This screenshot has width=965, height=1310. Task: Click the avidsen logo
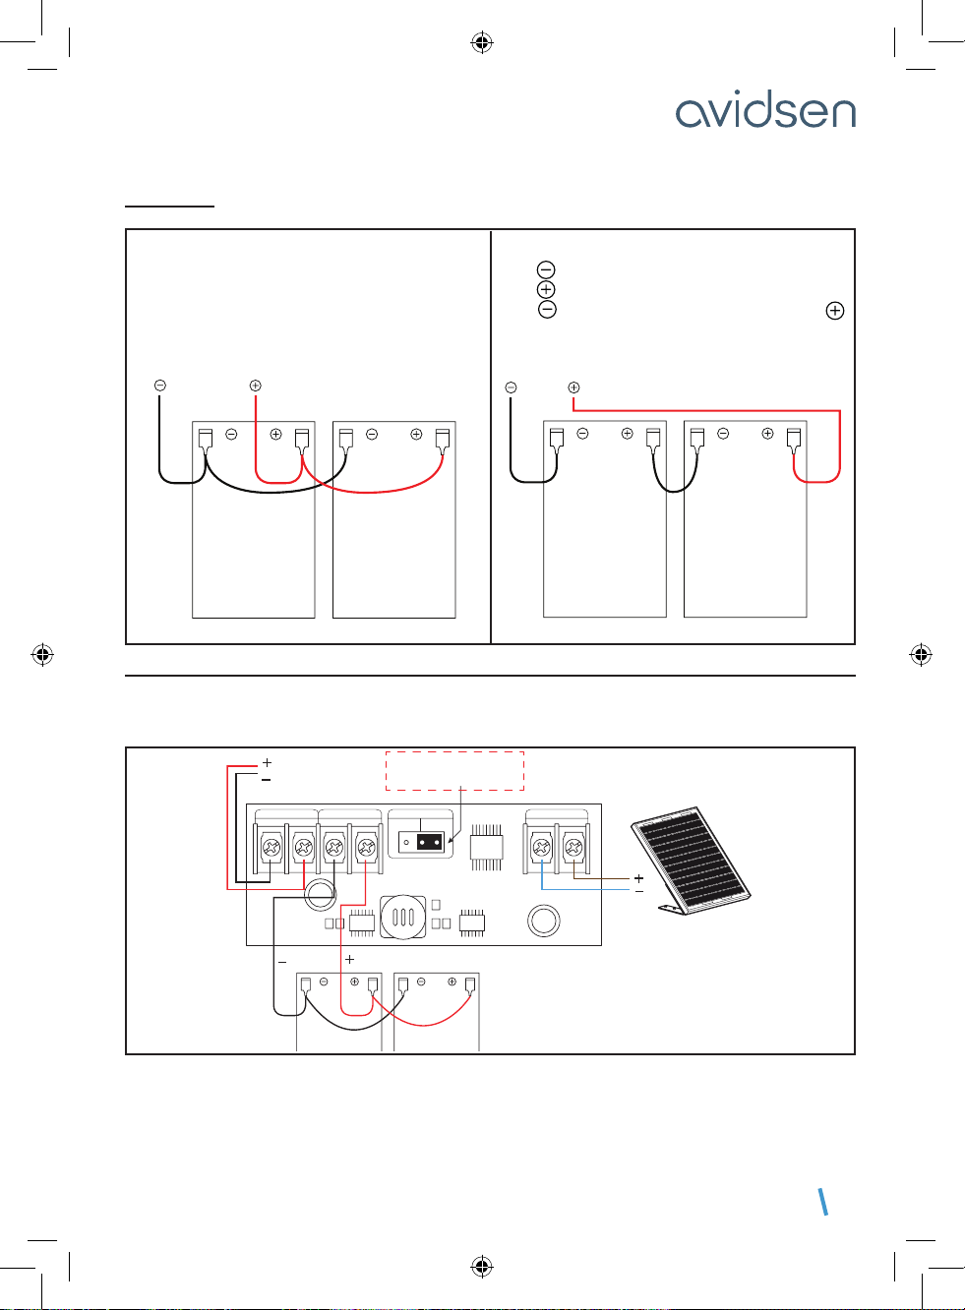(x=765, y=112)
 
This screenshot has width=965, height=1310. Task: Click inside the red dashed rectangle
(x=453, y=770)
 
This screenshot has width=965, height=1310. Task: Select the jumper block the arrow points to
(x=430, y=842)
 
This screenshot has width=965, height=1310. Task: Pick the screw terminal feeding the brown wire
(x=573, y=846)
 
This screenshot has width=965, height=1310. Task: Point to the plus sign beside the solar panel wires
(x=639, y=877)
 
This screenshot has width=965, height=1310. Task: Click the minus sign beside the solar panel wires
(x=639, y=891)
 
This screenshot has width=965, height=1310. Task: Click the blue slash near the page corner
(x=823, y=1202)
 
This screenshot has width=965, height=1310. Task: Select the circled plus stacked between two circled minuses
(x=547, y=289)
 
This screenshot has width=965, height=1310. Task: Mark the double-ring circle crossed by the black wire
(x=320, y=893)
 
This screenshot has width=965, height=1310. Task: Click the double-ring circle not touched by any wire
(x=544, y=921)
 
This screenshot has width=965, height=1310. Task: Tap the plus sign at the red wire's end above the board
(x=267, y=762)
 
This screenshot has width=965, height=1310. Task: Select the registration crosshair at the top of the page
(x=481, y=42)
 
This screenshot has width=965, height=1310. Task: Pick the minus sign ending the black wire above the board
(x=267, y=779)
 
